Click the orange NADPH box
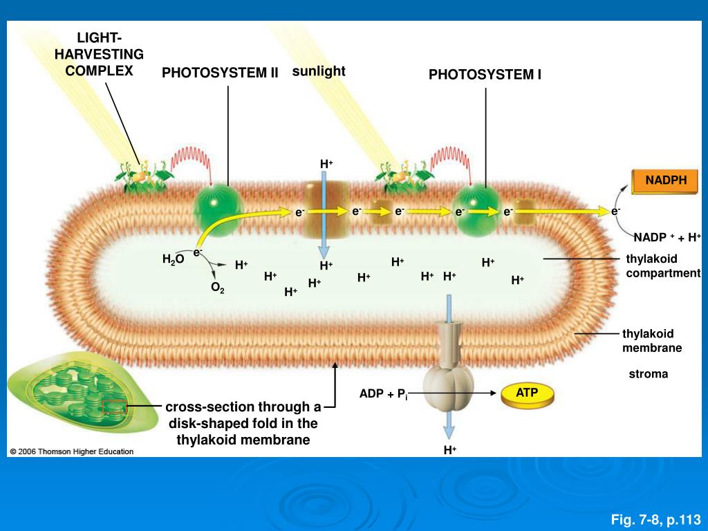(667, 181)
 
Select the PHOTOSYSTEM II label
(220, 73)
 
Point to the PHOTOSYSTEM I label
(485, 75)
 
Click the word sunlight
(319, 71)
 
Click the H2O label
(173, 259)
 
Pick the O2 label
(217, 288)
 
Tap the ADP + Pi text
(383, 395)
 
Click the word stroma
(648, 374)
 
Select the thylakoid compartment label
(663, 266)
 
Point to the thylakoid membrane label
(651, 341)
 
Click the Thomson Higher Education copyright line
(71, 451)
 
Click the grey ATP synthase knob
(448, 380)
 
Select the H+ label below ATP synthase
(450, 450)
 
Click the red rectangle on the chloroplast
(114, 407)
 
